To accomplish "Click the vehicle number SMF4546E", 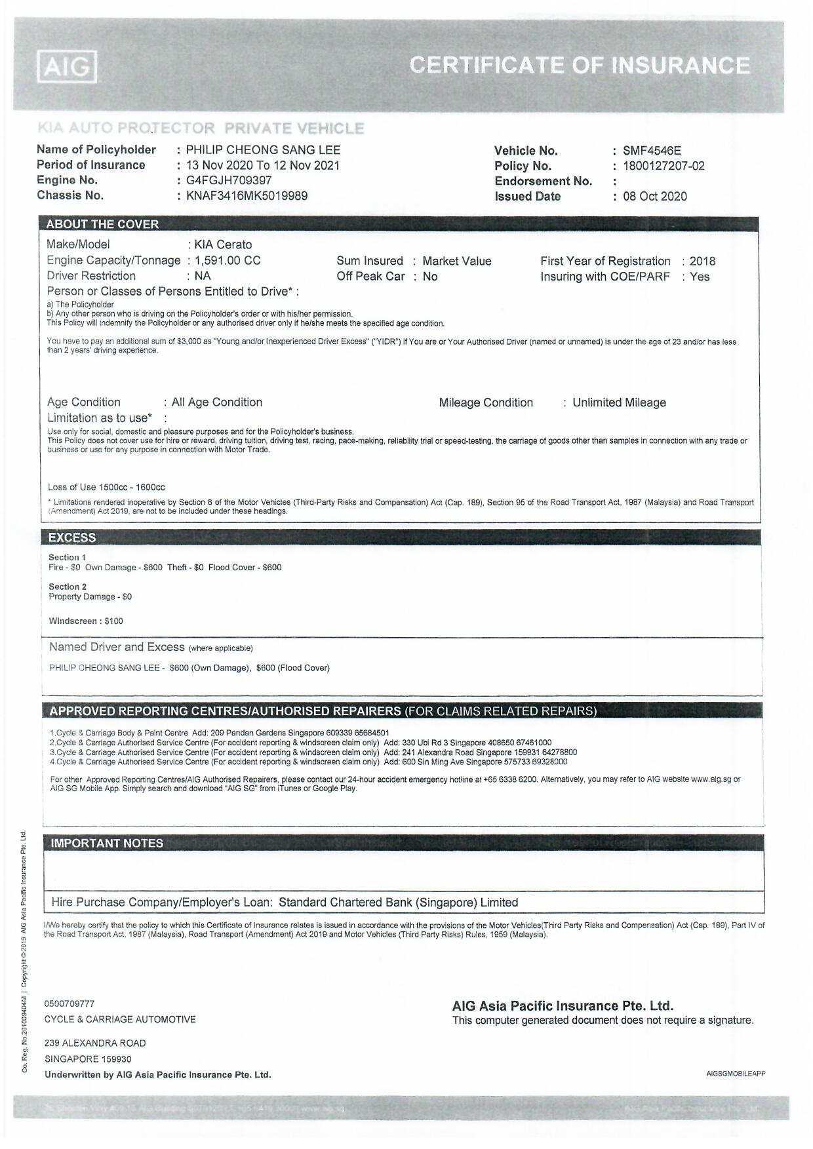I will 652,151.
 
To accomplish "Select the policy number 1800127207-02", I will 664,166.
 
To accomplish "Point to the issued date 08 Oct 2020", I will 655,196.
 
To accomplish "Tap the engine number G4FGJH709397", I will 229,180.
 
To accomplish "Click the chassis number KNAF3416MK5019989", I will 247,195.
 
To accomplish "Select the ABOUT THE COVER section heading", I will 102,224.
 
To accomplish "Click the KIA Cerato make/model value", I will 223,244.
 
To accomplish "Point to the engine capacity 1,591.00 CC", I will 228,260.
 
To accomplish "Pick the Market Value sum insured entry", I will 457,261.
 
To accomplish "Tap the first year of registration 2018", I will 702,261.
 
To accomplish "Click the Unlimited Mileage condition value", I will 619,402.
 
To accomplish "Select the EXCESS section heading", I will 72,537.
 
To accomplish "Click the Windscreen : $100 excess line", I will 86,621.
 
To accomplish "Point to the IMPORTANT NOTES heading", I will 107,843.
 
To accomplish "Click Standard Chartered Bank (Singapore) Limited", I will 398,903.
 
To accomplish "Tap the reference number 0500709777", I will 69,1003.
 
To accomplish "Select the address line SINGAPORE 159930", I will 88,1059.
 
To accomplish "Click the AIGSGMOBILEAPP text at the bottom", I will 736,1074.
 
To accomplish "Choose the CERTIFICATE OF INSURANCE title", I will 580,66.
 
